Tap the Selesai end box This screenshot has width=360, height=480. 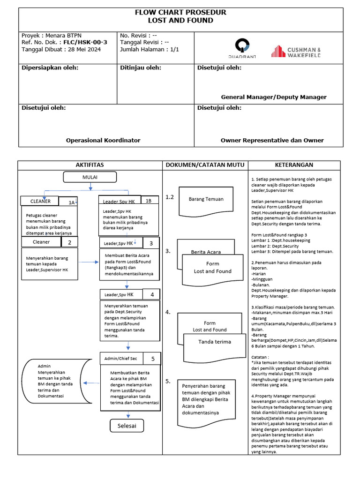click(127, 425)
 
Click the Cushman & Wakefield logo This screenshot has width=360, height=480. click(295, 52)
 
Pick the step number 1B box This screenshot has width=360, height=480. click(149, 201)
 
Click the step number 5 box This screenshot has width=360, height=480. click(153, 359)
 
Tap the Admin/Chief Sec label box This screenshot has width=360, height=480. click(120, 359)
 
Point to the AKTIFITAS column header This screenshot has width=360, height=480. click(90, 165)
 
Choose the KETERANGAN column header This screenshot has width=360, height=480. click(294, 165)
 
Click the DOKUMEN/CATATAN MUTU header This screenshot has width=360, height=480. click(204, 165)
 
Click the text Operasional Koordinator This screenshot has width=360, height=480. click(103, 140)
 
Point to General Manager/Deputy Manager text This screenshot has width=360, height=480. click(274, 97)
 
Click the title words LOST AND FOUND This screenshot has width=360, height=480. click(180, 21)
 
